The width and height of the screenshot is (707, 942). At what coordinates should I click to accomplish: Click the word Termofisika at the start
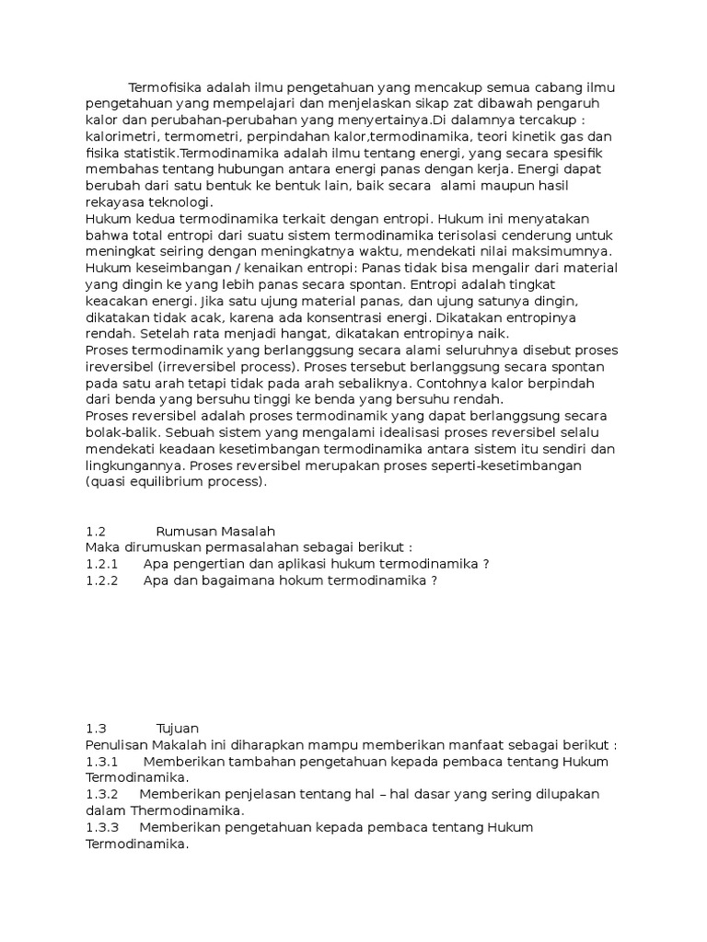166,87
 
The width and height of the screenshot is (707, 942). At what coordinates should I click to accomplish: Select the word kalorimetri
119,137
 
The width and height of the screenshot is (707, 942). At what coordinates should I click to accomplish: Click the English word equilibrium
176,481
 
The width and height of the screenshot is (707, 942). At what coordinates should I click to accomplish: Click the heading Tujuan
178,728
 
